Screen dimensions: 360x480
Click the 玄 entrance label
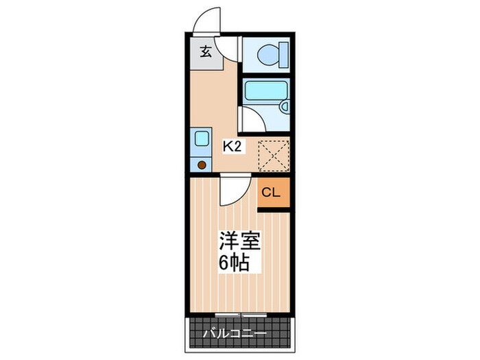[x=204, y=51]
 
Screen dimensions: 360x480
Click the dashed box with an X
[x=273, y=154]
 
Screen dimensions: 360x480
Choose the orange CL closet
[x=274, y=192]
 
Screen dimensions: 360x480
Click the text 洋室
[x=234, y=241]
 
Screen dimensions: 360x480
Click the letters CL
[x=271, y=192]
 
